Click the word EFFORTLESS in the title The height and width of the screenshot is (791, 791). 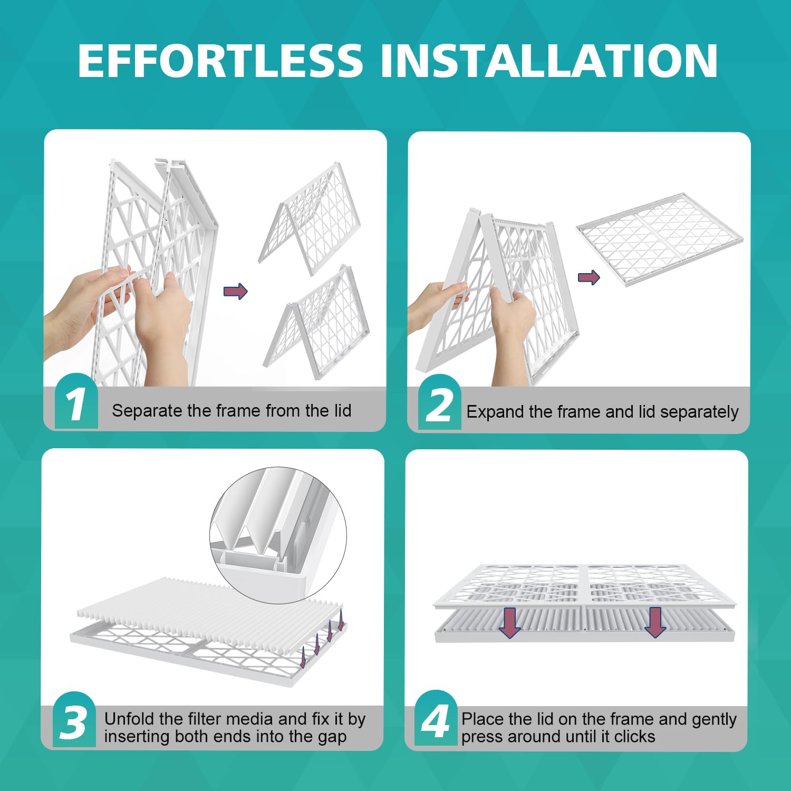click(x=220, y=61)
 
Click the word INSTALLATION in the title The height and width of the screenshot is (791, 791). click(x=549, y=61)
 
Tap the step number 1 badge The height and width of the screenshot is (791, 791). click(x=76, y=401)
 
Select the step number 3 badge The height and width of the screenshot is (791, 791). click(x=74, y=720)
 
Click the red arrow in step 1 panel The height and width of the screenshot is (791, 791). click(x=236, y=291)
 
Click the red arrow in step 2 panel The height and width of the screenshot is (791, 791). click(x=589, y=277)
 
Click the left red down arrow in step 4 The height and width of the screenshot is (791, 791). click(x=510, y=622)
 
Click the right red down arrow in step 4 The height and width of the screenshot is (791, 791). click(x=655, y=622)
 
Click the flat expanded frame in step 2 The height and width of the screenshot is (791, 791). click(x=659, y=239)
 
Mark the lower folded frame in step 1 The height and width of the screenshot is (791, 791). click(x=316, y=322)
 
